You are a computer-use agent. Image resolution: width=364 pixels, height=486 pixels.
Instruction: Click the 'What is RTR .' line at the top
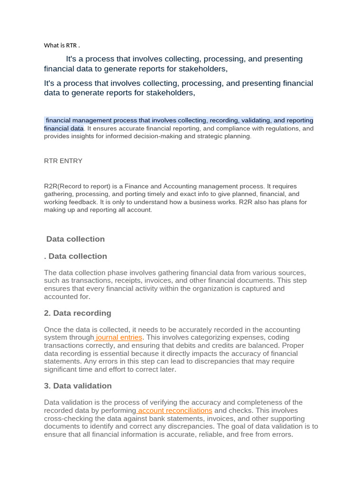click(x=62, y=46)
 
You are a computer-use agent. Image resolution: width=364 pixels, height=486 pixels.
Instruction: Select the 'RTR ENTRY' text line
click(x=63, y=161)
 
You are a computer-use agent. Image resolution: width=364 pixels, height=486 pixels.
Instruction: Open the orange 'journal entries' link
click(x=118, y=337)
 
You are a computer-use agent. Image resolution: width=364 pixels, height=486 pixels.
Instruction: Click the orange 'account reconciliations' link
click(x=175, y=411)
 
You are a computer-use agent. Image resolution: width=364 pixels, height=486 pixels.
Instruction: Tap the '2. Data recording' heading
click(x=78, y=313)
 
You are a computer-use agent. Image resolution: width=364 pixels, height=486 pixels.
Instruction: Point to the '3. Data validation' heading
click(x=78, y=386)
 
